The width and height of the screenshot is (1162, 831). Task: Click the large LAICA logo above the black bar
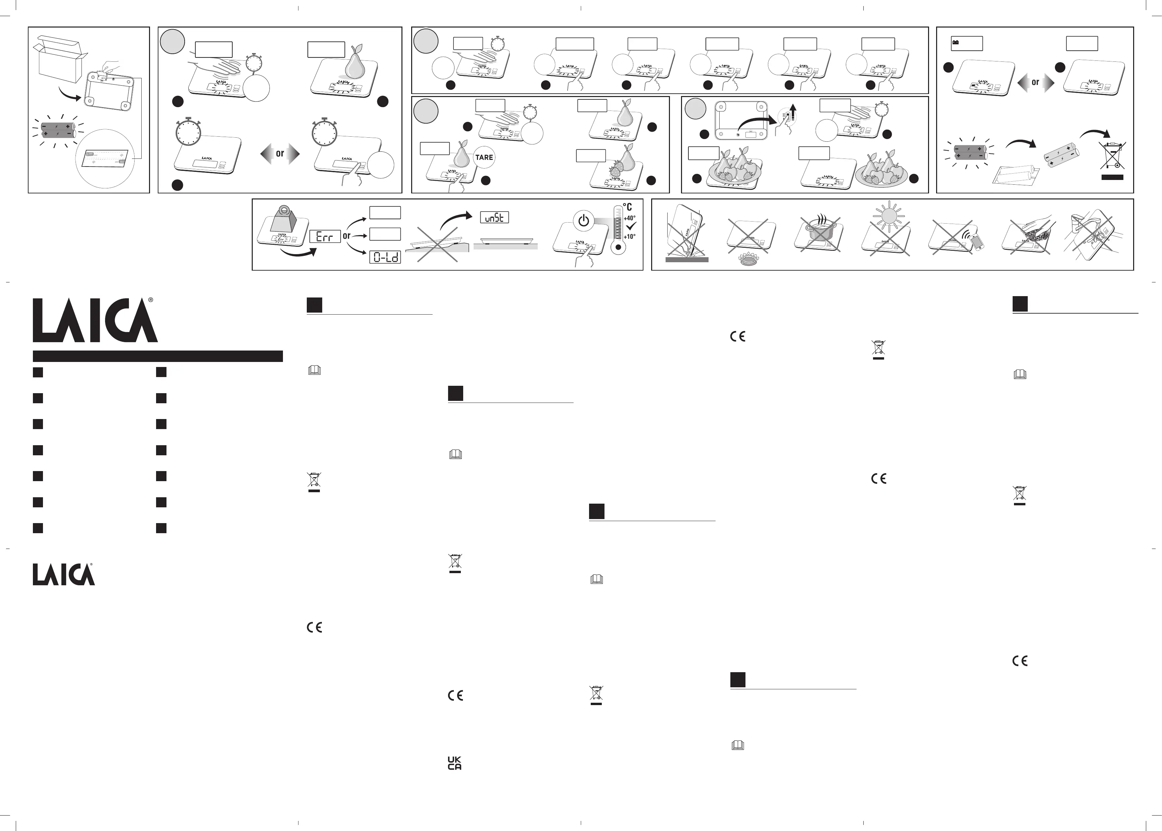(95, 321)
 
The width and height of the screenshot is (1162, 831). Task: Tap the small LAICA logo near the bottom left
(63, 574)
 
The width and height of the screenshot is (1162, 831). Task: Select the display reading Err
(325, 236)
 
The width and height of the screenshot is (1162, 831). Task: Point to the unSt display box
(494, 218)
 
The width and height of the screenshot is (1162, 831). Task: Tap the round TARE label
(484, 157)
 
